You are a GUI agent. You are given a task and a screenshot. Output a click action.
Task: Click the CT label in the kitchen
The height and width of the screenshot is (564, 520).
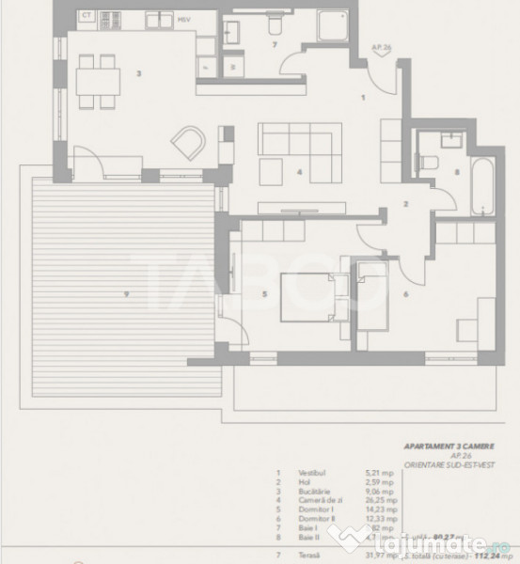coord(86,16)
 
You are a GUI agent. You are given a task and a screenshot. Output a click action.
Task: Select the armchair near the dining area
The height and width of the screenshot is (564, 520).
coord(188,142)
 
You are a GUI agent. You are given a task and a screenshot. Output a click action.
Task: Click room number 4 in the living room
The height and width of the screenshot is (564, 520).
coord(297,172)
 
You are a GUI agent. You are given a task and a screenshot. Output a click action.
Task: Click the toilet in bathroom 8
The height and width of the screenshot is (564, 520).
coord(433,162)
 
